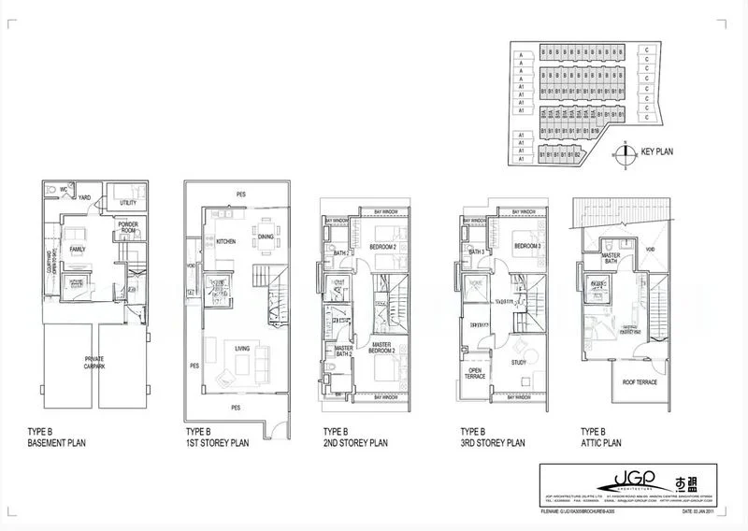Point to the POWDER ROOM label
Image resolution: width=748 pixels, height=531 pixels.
(128, 227)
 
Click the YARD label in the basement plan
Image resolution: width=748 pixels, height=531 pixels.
(84, 197)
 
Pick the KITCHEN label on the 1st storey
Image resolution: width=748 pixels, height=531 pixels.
(226, 241)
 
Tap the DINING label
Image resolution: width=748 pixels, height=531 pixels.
(266, 237)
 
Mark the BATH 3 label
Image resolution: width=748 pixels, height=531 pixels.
(476, 251)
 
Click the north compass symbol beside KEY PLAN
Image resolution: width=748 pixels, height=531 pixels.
(624, 152)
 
